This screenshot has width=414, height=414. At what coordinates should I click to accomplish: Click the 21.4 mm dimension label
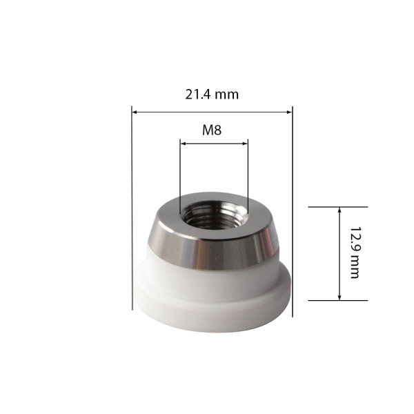pyautogui.click(x=212, y=95)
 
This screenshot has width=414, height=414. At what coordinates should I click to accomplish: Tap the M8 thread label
pyautogui.click(x=212, y=130)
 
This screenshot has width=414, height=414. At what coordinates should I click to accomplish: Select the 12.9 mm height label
pyautogui.click(x=355, y=253)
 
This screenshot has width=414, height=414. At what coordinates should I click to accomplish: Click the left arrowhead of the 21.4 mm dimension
pyautogui.click(x=135, y=112)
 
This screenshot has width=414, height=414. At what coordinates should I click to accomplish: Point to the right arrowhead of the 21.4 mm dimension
pyautogui.click(x=289, y=112)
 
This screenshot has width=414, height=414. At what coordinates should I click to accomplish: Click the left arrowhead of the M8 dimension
pyautogui.click(x=183, y=144)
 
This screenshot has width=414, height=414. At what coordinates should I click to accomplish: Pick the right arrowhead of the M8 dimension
pyautogui.click(x=245, y=144)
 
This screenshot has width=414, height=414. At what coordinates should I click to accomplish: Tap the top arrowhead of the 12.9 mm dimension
pyautogui.click(x=339, y=210)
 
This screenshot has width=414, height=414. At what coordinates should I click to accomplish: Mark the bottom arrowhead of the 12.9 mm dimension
pyautogui.click(x=339, y=297)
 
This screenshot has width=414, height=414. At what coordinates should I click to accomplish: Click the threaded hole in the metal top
pyautogui.click(x=215, y=215)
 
